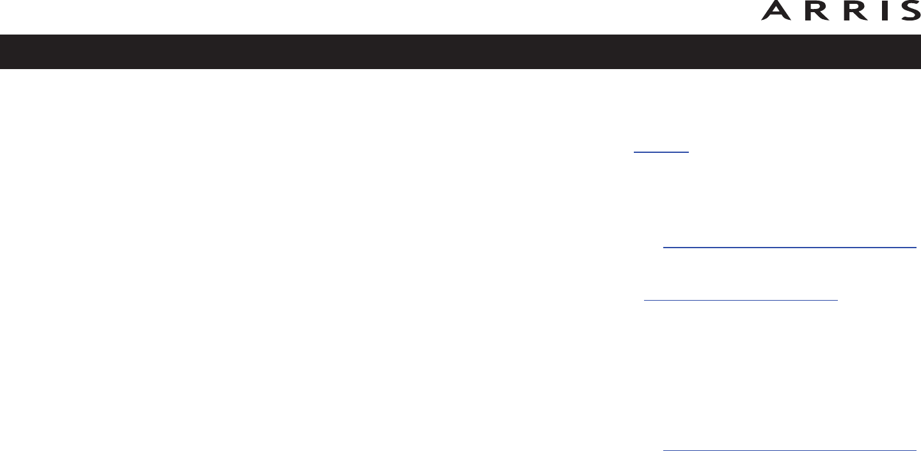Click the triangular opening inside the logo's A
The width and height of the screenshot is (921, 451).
tap(776, 10)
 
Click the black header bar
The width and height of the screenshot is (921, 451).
tap(460, 52)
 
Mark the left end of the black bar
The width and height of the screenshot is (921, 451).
tap(2, 52)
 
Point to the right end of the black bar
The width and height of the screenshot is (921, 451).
tap(918, 52)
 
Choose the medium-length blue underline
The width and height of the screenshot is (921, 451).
tap(741, 299)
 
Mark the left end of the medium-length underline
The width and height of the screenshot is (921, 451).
tap(644, 299)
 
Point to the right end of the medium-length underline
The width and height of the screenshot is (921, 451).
tap(837, 299)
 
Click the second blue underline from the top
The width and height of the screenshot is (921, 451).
tap(790, 247)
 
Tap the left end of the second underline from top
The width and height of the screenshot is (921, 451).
tap(664, 247)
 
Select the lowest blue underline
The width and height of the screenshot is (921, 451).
tap(790, 450)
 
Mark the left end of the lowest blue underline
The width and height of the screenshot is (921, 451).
tap(664, 450)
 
